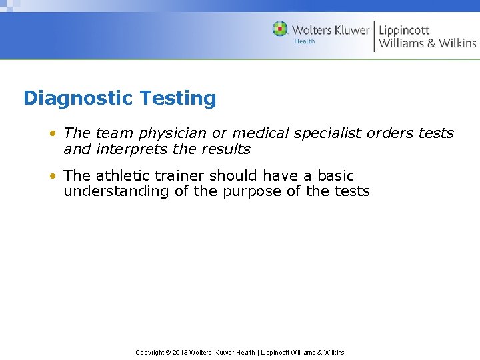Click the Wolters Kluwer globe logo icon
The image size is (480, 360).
(280, 29)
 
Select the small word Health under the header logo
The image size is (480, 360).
(305, 41)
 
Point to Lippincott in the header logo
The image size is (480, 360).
(404, 29)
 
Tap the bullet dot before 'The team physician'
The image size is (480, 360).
(52, 133)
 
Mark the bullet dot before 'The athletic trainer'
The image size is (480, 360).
(52, 176)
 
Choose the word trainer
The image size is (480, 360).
(180, 175)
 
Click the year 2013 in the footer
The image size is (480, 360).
(180, 352)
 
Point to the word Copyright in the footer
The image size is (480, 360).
(150, 352)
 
